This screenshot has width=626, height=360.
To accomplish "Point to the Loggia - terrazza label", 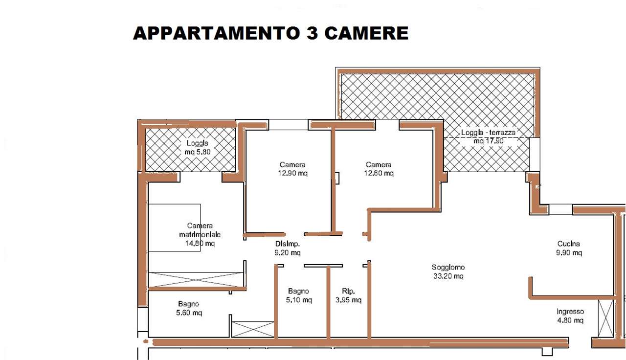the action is [x=488, y=132].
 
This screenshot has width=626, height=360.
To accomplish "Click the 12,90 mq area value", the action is [x=292, y=173].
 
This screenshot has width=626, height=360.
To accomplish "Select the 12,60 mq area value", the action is [x=379, y=173].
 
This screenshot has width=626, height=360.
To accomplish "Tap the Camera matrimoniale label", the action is [x=200, y=230].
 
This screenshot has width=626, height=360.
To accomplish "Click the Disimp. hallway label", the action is [x=287, y=244].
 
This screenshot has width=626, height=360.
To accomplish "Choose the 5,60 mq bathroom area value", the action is [x=189, y=313].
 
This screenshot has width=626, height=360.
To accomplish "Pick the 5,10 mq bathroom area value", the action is [x=299, y=300].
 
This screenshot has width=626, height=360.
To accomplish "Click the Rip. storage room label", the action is [x=348, y=291].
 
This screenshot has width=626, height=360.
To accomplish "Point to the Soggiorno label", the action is [x=448, y=268].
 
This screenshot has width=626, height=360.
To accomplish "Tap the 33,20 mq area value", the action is [x=448, y=276].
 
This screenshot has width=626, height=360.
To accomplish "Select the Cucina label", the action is [x=569, y=244].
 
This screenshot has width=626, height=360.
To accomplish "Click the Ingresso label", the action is [x=570, y=312].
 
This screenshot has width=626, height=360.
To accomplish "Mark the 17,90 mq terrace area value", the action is [x=488, y=140].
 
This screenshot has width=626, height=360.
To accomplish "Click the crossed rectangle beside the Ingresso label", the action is [x=605, y=318].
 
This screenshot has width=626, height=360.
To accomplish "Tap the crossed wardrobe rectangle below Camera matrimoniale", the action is [x=196, y=279].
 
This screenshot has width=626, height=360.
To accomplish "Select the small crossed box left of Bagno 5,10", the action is [x=253, y=329].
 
